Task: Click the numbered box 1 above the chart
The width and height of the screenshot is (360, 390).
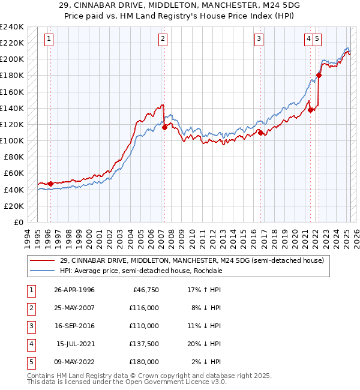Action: coord(49,40)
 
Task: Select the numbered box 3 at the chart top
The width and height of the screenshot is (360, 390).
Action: coord(259,40)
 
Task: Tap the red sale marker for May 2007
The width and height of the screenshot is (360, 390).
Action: coord(164,127)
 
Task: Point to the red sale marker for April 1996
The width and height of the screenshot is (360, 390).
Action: coord(50,184)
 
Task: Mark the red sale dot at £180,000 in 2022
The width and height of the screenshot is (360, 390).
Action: coord(319,75)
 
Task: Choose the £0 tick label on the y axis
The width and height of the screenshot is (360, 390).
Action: coord(18,222)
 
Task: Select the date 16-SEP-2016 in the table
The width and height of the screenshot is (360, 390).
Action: coord(74,326)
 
